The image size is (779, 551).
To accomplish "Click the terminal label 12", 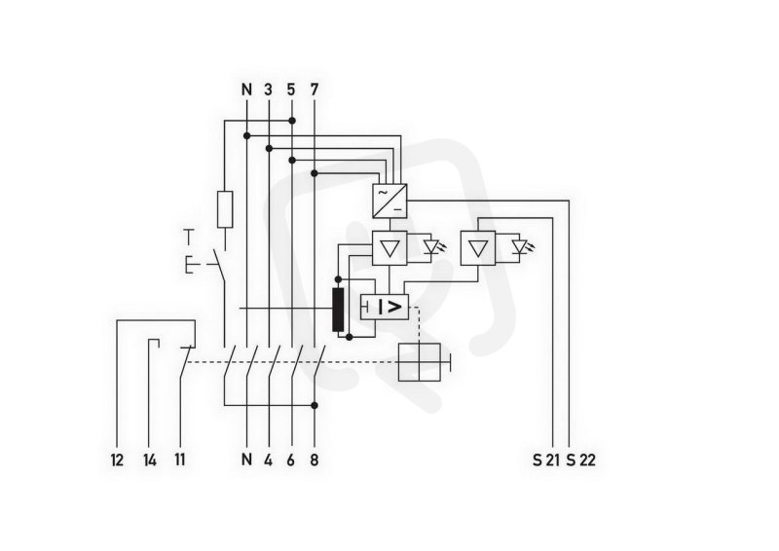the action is pyautogui.click(x=117, y=460).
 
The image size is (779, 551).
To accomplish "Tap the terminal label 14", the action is pyautogui.click(x=150, y=460).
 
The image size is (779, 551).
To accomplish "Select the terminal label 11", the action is pyautogui.click(x=180, y=460).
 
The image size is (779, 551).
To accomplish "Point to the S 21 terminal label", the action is pyautogui.click(x=546, y=460).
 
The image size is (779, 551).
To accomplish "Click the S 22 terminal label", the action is pyautogui.click(x=580, y=460).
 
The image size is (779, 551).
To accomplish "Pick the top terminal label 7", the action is pyautogui.click(x=314, y=90).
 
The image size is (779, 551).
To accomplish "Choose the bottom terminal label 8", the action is pyautogui.click(x=314, y=460).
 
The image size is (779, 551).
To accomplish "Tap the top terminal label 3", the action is pyautogui.click(x=269, y=90).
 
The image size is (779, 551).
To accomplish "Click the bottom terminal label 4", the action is pyautogui.click(x=269, y=460).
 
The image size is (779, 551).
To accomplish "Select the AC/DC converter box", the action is pyautogui.click(x=390, y=201).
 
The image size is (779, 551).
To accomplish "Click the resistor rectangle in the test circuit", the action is pyautogui.click(x=225, y=209).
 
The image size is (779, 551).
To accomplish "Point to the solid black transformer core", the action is pyautogui.click(x=338, y=310).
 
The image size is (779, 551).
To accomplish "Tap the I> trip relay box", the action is pyautogui.click(x=385, y=307).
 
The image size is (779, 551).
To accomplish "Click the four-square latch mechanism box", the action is pyautogui.click(x=420, y=362).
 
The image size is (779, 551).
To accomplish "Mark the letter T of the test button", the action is pyautogui.click(x=188, y=237).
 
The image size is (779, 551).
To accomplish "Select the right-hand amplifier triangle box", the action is pyautogui.click(x=478, y=248).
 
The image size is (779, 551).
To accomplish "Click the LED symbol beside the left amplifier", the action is pyautogui.click(x=431, y=247).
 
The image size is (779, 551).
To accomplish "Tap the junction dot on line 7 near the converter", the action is pyautogui.click(x=314, y=173).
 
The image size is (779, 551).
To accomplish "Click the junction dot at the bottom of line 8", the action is pyautogui.click(x=314, y=405).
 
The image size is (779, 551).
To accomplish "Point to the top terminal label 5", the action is pyautogui.click(x=291, y=90).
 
